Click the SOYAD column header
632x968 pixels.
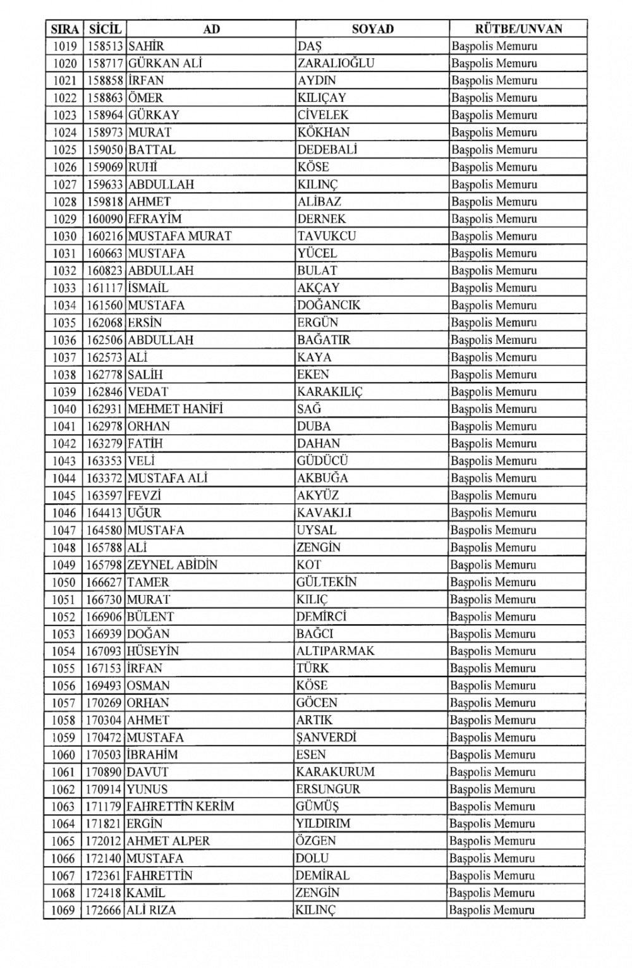pyautogui.click(x=372, y=29)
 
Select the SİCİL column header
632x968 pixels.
pyautogui.click(x=105, y=29)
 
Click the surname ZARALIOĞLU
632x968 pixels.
pyautogui.click(x=336, y=63)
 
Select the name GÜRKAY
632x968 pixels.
pyautogui.click(x=154, y=115)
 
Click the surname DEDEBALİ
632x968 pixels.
pyautogui.click(x=327, y=150)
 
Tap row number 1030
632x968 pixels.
pyautogui.click(x=64, y=236)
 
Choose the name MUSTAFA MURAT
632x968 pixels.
pyautogui.click(x=179, y=236)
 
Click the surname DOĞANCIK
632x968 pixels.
pyautogui.click(x=329, y=305)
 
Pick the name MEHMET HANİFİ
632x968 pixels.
pyautogui.click(x=175, y=409)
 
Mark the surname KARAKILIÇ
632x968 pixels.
pyautogui.click(x=330, y=391)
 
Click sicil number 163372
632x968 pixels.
pyautogui.click(x=104, y=478)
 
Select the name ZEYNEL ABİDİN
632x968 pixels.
pyautogui.click(x=172, y=565)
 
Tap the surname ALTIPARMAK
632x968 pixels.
pyautogui.click(x=335, y=651)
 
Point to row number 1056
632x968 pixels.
pyautogui.click(x=64, y=685)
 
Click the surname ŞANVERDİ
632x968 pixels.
pyautogui.click(x=326, y=737)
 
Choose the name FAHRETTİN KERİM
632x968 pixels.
pyautogui.click(x=180, y=806)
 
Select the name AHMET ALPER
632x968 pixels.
pyautogui.click(x=168, y=841)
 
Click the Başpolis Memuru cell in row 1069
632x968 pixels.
pyautogui.click(x=492, y=910)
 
